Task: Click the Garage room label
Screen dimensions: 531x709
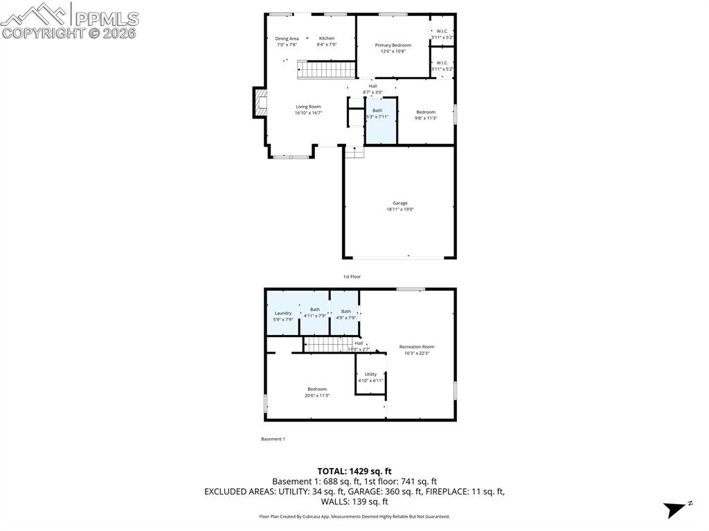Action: pyautogui.click(x=400, y=206)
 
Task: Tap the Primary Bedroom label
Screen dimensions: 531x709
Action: pyautogui.click(x=393, y=48)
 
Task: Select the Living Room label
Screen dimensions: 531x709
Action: pyautogui.click(x=308, y=109)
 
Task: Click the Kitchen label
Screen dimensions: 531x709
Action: pyautogui.click(x=326, y=41)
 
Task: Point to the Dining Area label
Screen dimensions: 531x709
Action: pyautogui.click(x=287, y=41)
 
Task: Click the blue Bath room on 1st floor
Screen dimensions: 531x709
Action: pyautogui.click(x=380, y=121)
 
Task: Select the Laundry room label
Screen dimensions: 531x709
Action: pyautogui.click(x=282, y=316)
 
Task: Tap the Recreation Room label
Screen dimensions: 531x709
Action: pyautogui.click(x=416, y=350)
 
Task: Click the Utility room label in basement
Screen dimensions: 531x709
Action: pyautogui.click(x=370, y=377)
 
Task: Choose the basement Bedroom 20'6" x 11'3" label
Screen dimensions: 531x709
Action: pyautogui.click(x=316, y=392)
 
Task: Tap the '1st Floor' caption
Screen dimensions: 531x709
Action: pyautogui.click(x=352, y=277)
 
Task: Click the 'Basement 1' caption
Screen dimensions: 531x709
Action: pyautogui.click(x=273, y=439)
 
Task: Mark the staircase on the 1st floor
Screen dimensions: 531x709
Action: pyautogui.click(x=326, y=69)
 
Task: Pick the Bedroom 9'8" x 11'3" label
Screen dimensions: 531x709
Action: pyautogui.click(x=426, y=115)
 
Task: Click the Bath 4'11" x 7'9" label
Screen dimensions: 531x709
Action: pyautogui.click(x=314, y=312)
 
